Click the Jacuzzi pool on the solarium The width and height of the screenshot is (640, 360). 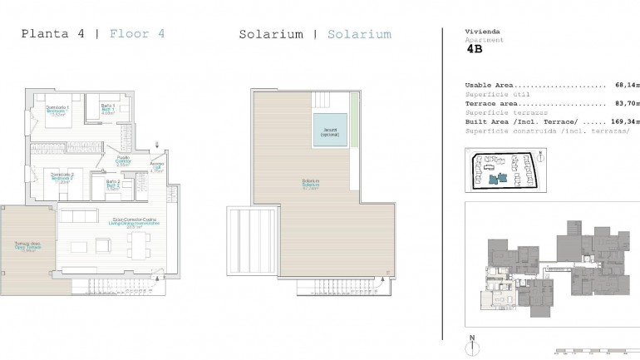pyautogui.click(x=329, y=131)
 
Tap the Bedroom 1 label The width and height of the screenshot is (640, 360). pyautogui.click(x=57, y=112)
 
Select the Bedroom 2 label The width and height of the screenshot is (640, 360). pyautogui.click(x=63, y=177)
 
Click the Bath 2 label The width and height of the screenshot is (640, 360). pyautogui.click(x=112, y=185)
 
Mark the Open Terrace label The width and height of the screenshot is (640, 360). pyautogui.click(x=27, y=247)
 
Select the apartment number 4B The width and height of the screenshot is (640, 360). pyautogui.click(x=475, y=49)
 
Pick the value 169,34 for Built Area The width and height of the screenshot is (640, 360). pyautogui.click(x=623, y=121)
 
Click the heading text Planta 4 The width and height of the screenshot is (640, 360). pyautogui.click(x=52, y=34)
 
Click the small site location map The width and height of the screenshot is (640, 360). pyautogui.click(x=505, y=170)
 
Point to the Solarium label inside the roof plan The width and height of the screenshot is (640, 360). pyautogui.click(x=312, y=185)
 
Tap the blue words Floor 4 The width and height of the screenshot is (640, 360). pyautogui.click(x=137, y=34)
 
